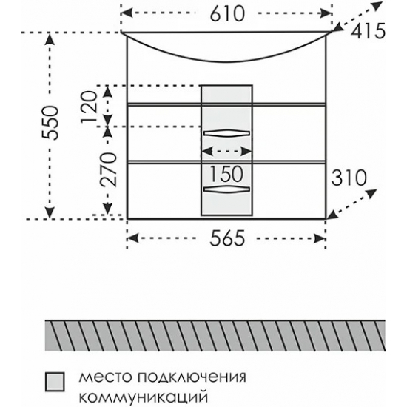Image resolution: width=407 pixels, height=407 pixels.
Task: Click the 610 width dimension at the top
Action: click(227, 14)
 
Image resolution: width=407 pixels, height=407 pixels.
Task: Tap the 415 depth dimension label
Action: click(368, 31)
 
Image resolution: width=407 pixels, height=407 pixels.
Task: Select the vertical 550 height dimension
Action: click(51, 123)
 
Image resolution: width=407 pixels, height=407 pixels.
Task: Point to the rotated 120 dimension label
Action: click(89, 107)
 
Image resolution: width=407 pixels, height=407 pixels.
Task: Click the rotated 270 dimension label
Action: click(109, 169)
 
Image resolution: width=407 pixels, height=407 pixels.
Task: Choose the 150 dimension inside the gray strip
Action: click(226, 174)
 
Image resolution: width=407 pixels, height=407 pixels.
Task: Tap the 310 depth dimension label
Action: click(349, 178)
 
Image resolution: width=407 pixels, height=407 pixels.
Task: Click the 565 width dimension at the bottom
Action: click(227, 238)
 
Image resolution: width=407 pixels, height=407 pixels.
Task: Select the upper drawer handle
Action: click(226, 133)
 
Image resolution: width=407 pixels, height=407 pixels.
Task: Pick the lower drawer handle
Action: click(226, 189)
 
